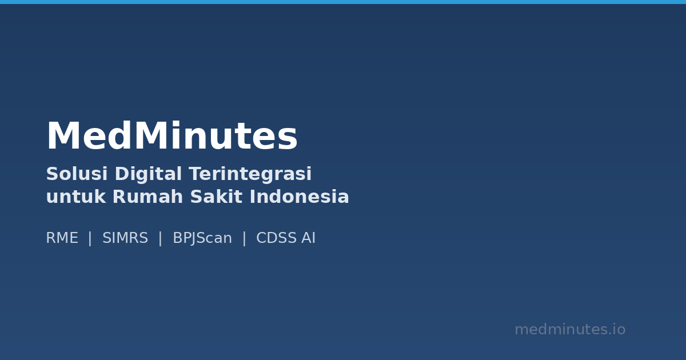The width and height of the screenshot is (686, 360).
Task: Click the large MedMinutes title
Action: pyautogui.click(x=171, y=138)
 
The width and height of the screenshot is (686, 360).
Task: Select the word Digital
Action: pyautogui.click(x=149, y=174)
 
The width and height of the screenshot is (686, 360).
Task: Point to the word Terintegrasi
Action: pyautogui.click(x=250, y=174)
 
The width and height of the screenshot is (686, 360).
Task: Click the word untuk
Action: pyautogui.click(x=71, y=197)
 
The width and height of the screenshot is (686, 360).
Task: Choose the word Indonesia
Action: pyautogui.click(x=299, y=197)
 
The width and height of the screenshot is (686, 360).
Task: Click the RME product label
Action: pyautogui.click(x=62, y=238)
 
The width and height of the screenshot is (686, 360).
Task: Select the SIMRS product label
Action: pyautogui.click(x=125, y=238)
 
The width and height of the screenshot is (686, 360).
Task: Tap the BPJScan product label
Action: pyautogui.click(x=202, y=238)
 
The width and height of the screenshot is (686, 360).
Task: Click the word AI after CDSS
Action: pyautogui.click(x=309, y=238)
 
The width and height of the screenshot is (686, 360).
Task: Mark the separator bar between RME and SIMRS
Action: pyautogui.click(x=90, y=238)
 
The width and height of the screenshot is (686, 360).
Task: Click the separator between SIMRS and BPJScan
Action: pyautogui.click(x=160, y=238)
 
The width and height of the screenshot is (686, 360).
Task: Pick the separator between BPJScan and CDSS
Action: pyautogui.click(x=244, y=238)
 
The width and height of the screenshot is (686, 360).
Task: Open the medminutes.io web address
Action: pyautogui.click(x=570, y=330)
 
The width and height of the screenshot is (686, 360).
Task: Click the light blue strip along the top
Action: pyautogui.click(x=343, y=2)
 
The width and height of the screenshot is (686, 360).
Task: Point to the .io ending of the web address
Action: pyautogui.click(x=617, y=330)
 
